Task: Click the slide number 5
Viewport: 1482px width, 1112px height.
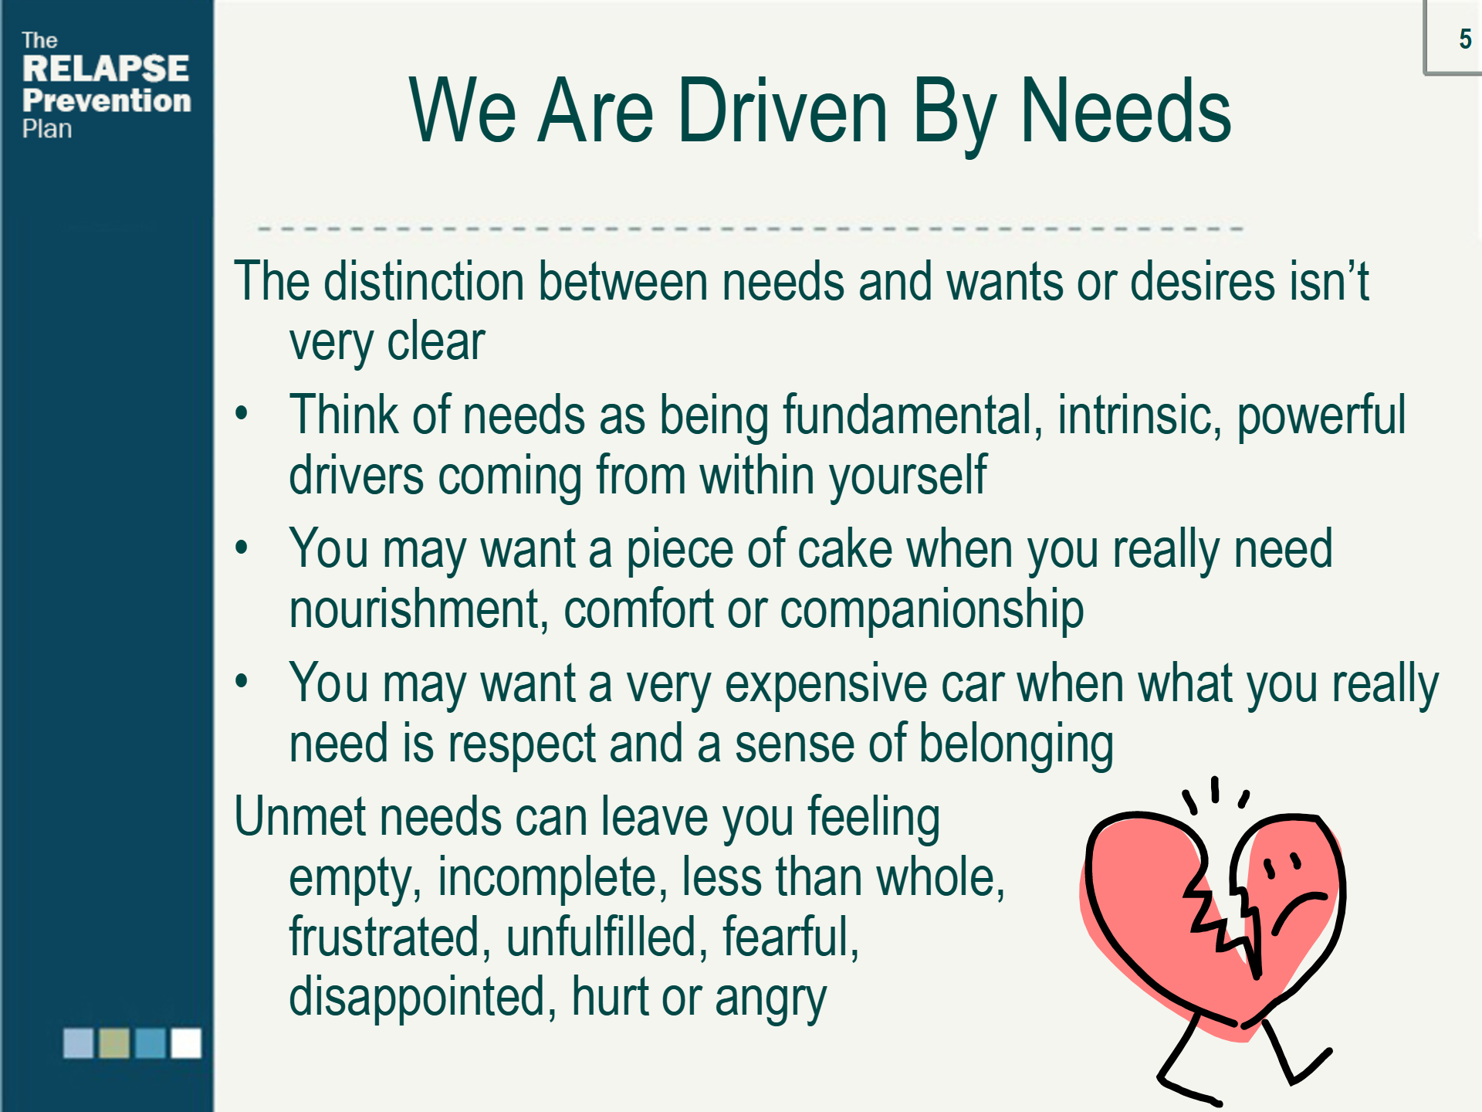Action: (1464, 39)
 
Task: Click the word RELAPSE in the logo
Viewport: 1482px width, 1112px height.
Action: (106, 69)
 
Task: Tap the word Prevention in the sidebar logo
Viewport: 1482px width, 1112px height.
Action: (107, 100)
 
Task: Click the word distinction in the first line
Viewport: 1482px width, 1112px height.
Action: (424, 281)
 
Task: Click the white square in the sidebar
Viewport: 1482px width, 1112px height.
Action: (186, 1042)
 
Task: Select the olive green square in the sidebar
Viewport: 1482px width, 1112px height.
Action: (114, 1042)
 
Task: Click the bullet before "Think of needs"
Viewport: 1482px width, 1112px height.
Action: (242, 415)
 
